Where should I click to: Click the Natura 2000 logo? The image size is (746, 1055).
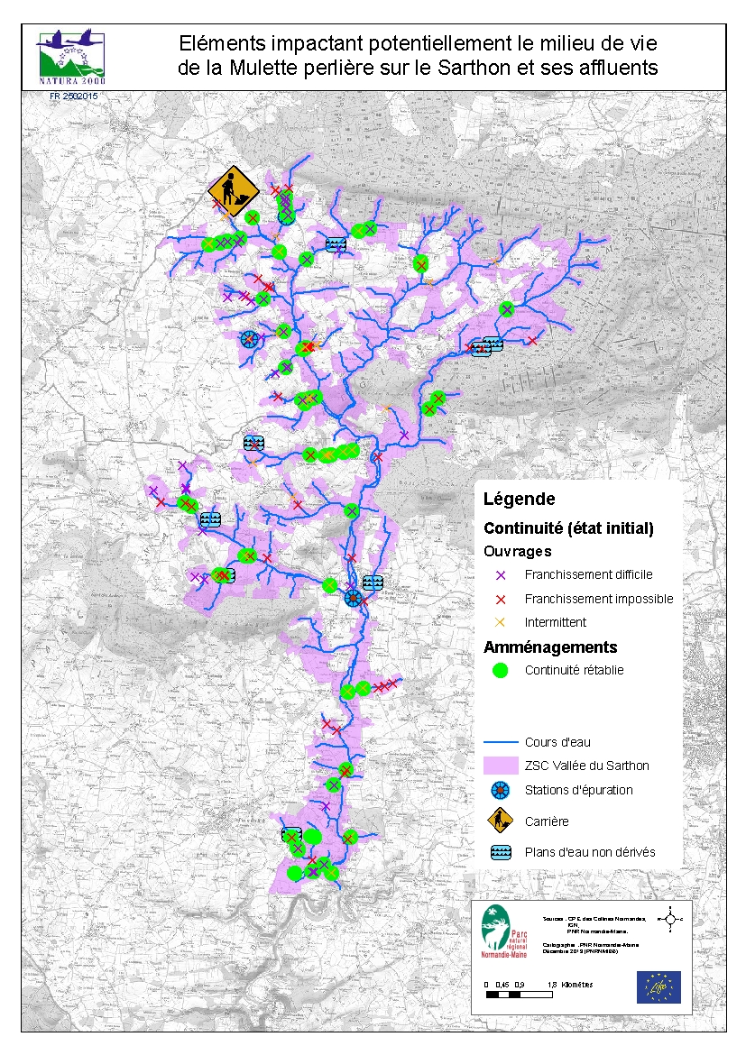pyautogui.click(x=70, y=56)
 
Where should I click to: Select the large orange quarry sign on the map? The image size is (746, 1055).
pyautogui.click(x=233, y=191)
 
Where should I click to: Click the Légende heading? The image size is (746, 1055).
pyautogui.click(x=520, y=499)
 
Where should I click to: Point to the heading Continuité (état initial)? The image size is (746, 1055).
pyautogui.click(x=568, y=527)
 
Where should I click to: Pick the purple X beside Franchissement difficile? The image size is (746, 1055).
pyautogui.click(x=502, y=574)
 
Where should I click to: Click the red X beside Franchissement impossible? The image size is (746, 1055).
pyautogui.click(x=502, y=599)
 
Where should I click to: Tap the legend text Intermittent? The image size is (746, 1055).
pyautogui.click(x=555, y=622)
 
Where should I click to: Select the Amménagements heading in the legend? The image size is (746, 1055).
pyautogui.click(x=550, y=647)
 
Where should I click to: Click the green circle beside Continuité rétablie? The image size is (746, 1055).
pyautogui.click(x=502, y=670)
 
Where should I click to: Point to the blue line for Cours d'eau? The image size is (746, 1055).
pyautogui.click(x=502, y=742)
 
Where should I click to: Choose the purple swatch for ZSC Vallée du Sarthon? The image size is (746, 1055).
pyautogui.click(x=502, y=766)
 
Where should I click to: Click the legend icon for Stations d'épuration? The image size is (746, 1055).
pyautogui.click(x=502, y=790)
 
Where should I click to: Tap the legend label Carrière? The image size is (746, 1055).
pyautogui.click(x=546, y=821)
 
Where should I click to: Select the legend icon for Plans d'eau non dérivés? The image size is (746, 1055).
pyautogui.click(x=502, y=852)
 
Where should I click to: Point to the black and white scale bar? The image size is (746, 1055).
pyautogui.click(x=519, y=995)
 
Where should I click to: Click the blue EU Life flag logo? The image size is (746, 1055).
pyautogui.click(x=659, y=986)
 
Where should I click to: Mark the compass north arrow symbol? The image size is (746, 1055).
pyautogui.click(x=669, y=919)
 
